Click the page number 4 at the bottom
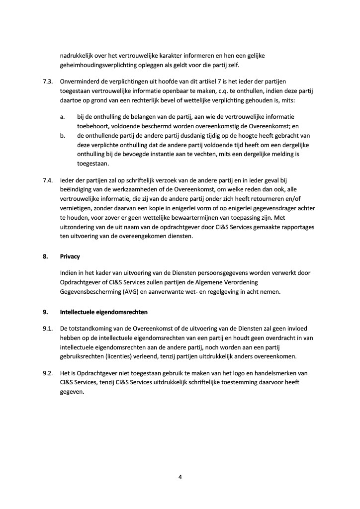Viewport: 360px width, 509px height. click(x=180, y=478)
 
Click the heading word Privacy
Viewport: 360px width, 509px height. click(x=70, y=256)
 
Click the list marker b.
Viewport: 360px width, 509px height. click(x=63, y=135)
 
